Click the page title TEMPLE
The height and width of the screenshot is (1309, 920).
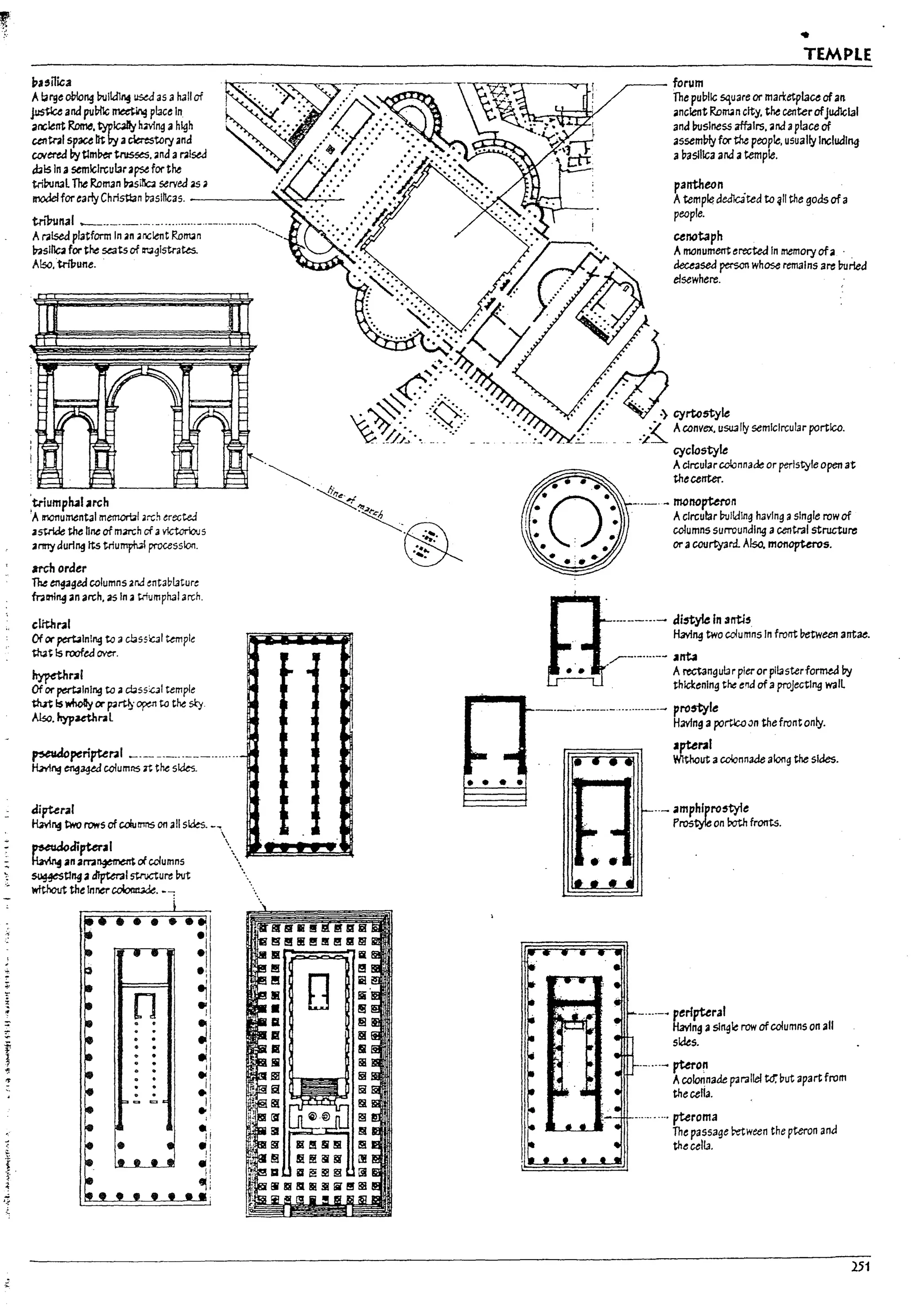click(x=837, y=55)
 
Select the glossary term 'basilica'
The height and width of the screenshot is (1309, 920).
click(x=51, y=82)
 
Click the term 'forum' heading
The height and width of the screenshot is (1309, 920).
click(x=688, y=83)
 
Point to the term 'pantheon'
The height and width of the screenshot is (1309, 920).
click(x=698, y=185)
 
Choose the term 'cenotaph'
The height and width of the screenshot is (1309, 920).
click(x=698, y=236)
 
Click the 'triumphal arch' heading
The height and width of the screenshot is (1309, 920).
click(x=70, y=503)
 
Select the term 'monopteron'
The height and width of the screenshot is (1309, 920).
click(x=704, y=502)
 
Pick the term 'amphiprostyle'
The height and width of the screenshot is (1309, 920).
click(x=710, y=809)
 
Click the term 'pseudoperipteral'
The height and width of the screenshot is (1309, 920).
click(x=77, y=754)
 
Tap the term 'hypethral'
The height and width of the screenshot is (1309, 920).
click(x=57, y=676)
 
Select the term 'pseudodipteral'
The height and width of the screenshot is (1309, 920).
click(x=72, y=847)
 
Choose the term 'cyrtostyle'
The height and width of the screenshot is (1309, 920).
click(x=701, y=413)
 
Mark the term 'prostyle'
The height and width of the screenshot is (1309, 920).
click(x=695, y=708)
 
